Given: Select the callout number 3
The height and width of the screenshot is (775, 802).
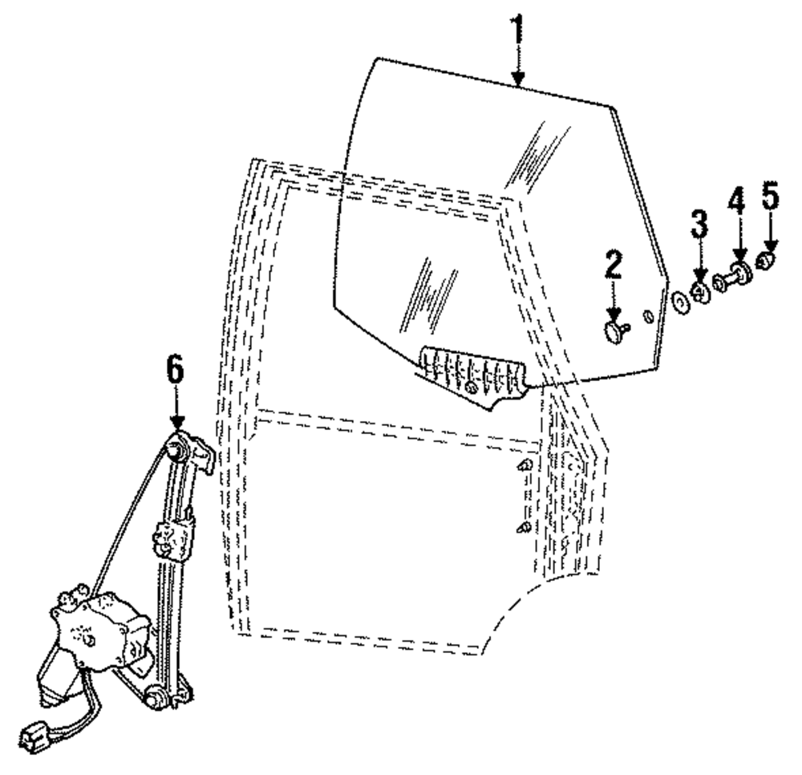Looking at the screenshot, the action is coord(700,225).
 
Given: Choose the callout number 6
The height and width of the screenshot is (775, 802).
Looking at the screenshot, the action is coord(176,371).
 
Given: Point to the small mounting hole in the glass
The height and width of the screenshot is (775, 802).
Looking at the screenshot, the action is coord(648,313).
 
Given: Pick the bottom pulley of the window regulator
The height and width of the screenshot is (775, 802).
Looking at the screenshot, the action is coord(157,697).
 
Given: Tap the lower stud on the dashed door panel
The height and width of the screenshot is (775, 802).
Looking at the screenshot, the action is coord(523,527).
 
